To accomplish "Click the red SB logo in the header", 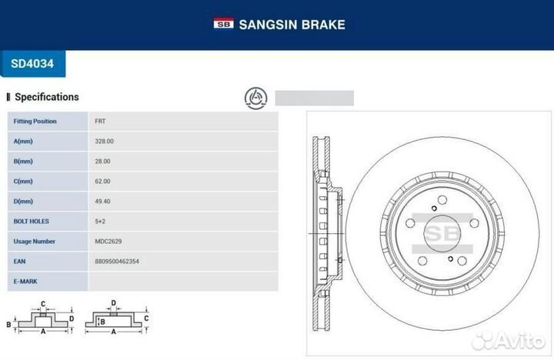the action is tap(223, 23).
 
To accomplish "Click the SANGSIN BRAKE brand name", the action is tap(292, 25).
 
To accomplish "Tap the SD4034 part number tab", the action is tap(32, 64).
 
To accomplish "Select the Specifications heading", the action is tap(47, 97).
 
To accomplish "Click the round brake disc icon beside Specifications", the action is tap(255, 98).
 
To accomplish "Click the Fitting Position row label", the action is tap(35, 122).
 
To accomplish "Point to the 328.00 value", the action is tap(104, 142).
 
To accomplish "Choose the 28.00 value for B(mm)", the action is tap(102, 162).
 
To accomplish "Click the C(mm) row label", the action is tap(23, 182).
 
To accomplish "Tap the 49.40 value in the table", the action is tap(102, 202).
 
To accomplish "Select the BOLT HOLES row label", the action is tap(31, 222).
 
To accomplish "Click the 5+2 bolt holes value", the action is tap(100, 222).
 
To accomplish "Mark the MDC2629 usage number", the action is tap(108, 242).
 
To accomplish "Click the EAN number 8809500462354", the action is tap(117, 262).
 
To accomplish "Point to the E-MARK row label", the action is tap(25, 282).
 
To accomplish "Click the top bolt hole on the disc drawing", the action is tap(442, 200).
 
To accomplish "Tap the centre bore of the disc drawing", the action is tap(442, 234).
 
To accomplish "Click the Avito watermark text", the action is tap(519, 341).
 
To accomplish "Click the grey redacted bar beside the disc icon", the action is tap(315, 98).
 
